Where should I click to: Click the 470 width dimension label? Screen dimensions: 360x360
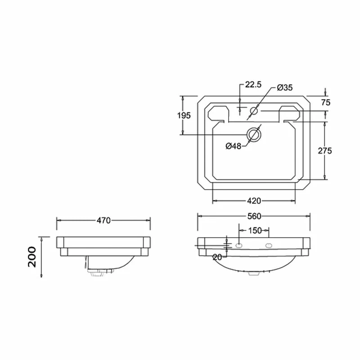[x=103, y=220]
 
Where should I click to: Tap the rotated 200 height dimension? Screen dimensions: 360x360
[x=32, y=257]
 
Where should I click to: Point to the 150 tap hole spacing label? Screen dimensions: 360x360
[x=255, y=230]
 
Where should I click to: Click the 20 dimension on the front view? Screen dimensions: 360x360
[x=217, y=257]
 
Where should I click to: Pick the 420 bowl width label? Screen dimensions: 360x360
[x=254, y=201]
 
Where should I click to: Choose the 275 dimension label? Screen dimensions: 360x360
[x=324, y=151]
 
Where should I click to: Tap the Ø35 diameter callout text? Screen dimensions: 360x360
[x=285, y=87]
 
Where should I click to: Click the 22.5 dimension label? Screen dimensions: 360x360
[x=253, y=85]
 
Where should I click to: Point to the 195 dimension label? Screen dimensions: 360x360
[x=184, y=115]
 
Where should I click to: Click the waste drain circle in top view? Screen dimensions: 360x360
[x=254, y=134]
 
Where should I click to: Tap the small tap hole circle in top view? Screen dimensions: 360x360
[x=254, y=111]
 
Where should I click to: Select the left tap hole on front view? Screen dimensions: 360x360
[x=239, y=245]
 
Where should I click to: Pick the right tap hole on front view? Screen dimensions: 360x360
[x=270, y=245]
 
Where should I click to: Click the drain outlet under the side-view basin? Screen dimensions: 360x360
[x=97, y=271]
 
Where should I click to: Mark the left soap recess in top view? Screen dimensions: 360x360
[x=217, y=113]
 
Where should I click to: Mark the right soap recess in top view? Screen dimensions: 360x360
[x=291, y=113]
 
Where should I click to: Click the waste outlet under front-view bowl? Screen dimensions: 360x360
[x=254, y=273]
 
